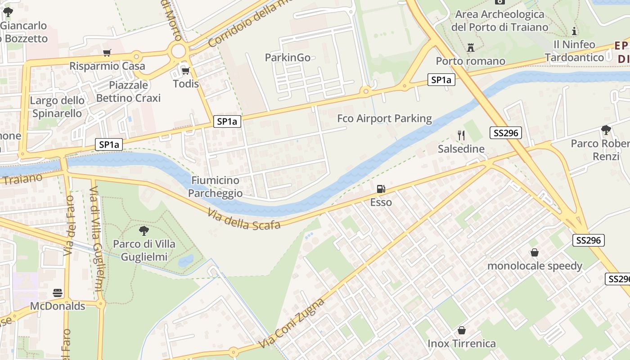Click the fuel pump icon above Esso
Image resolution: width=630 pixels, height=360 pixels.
pos(381,189)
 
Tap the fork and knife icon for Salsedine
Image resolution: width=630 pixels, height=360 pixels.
pos(461,135)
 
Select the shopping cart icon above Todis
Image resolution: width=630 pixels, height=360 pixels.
pos(185,71)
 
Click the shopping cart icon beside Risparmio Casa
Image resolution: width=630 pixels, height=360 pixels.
pos(107,53)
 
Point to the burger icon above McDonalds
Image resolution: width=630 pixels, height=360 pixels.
pos(58,293)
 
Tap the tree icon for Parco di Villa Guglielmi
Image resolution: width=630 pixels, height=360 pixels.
pos(144,231)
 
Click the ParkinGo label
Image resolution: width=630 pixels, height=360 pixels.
pos(288,58)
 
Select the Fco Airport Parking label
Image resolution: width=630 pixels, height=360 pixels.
pos(384,119)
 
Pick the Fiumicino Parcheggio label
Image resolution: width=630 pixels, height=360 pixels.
pos(215,187)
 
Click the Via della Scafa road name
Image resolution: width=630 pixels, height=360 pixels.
pos(244,219)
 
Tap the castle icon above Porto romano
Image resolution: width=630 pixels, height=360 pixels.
pos(471,47)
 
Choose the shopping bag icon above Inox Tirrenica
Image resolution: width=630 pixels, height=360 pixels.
pos(462,331)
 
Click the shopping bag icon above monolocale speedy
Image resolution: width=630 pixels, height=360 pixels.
pos(535,252)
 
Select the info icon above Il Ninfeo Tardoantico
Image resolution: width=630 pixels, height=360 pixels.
pos(574,31)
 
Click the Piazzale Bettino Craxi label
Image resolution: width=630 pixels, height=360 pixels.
pos(128,91)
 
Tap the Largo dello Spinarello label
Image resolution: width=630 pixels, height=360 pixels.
pos(57,107)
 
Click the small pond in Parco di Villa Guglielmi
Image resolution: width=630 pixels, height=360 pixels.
pos(185,261)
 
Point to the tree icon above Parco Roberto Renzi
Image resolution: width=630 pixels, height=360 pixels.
pos(606,130)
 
